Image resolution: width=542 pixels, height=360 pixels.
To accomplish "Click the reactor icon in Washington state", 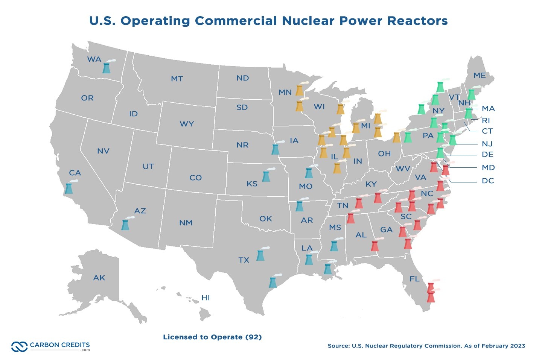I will pyautogui.click(x=107, y=68).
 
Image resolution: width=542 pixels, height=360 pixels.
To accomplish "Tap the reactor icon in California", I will pyautogui.click(x=69, y=188).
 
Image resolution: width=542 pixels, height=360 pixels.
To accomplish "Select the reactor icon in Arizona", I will pyautogui.click(x=125, y=225).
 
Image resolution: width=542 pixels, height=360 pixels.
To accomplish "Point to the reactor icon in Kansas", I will pyautogui.click(x=266, y=176).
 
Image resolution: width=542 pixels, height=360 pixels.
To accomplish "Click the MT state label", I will pyautogui.click(x=177, y=79).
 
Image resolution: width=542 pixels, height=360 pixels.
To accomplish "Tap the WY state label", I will pyautogui.click(x=187, y=124).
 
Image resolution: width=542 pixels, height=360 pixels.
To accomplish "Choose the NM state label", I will pyautogui.click(x=186, y=223).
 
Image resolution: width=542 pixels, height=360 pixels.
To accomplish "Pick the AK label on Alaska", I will pyautogui.click(x=99, y=278).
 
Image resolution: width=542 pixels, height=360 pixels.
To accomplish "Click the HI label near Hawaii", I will pyautogui.click(x=206, y=298).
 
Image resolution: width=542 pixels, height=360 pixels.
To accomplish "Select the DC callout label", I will pyautogui.click(x=488, y=181).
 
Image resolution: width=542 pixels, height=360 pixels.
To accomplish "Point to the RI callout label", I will pyautogui.click(x=486, y=121).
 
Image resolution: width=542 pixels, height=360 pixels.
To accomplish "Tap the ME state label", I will pyautogui.click(x=480, y=76).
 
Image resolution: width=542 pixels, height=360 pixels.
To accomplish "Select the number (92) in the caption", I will pyautogui.click(x=253, y=337).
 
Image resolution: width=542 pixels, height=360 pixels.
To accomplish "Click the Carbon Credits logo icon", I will pyautogui.click(x=19, y=346).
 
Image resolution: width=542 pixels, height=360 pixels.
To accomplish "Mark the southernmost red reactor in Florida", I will pyautogui.click(x=431, y=298).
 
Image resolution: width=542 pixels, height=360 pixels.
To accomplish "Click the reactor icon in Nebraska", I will pyautogui.click(x=276, y=149).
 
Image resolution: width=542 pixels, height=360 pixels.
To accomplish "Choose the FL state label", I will pyautogui.click(x=414, y=279).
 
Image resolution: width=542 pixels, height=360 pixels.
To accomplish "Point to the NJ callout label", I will pyautogui.click(x=487, y=144).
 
